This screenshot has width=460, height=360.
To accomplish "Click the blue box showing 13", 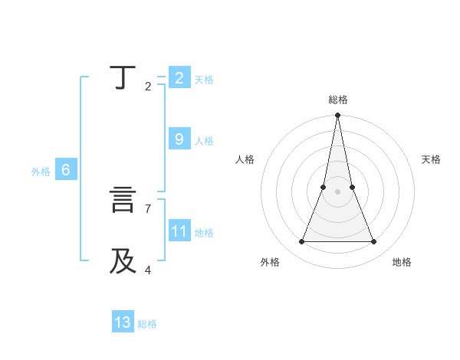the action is (123, 322).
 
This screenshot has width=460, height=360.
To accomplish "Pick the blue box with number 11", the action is (179, 231).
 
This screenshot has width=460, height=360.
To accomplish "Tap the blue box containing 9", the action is (179, 139).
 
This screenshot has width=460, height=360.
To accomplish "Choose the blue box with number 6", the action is (66, 170).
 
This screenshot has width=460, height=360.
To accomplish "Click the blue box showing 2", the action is (179, 78).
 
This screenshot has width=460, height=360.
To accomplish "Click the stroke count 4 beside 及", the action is (147, 270).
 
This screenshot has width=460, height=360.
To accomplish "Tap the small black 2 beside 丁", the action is (147, 86).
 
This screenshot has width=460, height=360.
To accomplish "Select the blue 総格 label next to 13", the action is (147, 324).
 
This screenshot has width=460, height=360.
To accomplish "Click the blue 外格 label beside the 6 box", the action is (41, 172).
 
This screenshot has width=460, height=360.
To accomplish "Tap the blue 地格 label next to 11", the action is (204, 233).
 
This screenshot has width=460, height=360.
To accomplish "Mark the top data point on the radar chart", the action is (337, 116).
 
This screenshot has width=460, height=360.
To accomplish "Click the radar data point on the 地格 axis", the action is (373, 242).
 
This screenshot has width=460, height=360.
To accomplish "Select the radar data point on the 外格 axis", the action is (302, 242).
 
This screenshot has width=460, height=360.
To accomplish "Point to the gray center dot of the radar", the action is (337, 191).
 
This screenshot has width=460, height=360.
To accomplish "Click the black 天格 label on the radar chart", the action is (431, 159).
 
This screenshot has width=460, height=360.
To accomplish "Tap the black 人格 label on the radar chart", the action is (245, 159).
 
